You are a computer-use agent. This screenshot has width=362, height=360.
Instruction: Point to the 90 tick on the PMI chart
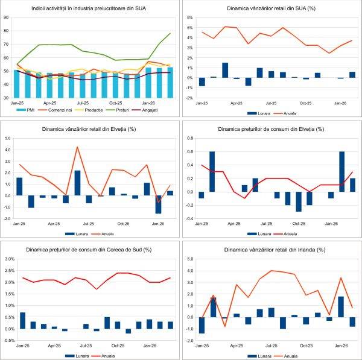pyautogui.click(x=6, y=17)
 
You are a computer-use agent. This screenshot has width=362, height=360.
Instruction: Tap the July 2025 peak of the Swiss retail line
pyautogui.click(x=77, y=147)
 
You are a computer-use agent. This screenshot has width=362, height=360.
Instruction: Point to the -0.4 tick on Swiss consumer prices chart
pyautogui.click(x=189, y=218)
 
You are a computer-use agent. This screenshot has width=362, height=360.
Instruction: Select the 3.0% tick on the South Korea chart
pyautogui.click(x=9, y=259)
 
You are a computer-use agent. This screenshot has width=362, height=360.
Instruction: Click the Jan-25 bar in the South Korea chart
pyautogui.click(x=22, y=320)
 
